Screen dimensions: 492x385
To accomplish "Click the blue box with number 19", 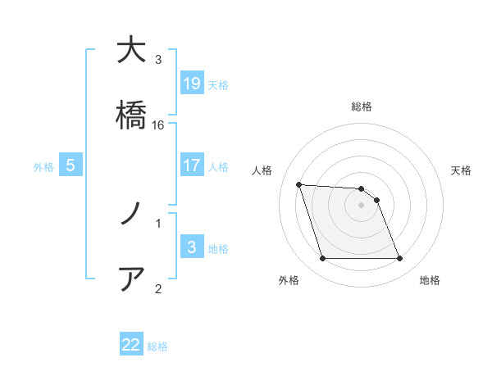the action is (192, 83).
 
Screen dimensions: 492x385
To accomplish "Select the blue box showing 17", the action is (192, 165).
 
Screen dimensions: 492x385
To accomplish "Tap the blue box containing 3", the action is (192, 247).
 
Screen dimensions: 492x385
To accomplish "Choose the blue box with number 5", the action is (71, 165).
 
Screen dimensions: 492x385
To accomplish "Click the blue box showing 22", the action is (131, 345).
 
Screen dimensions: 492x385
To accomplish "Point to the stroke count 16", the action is (158, 125).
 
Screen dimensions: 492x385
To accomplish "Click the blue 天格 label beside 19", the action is (218, 84).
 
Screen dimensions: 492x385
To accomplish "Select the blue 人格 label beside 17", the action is (218, 167).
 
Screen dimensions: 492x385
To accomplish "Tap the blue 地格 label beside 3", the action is (218, 249).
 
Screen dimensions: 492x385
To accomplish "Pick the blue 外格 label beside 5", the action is (43, 167).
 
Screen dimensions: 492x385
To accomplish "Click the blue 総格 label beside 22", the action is (157, 346).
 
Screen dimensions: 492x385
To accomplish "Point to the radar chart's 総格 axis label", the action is (362, 106).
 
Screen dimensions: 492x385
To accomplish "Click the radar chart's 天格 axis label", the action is (462, 170).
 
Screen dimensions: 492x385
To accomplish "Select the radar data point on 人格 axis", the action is (299, 184).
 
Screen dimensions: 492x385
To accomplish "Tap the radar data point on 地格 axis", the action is (400, 259).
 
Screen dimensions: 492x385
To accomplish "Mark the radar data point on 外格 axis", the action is (322, 259).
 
